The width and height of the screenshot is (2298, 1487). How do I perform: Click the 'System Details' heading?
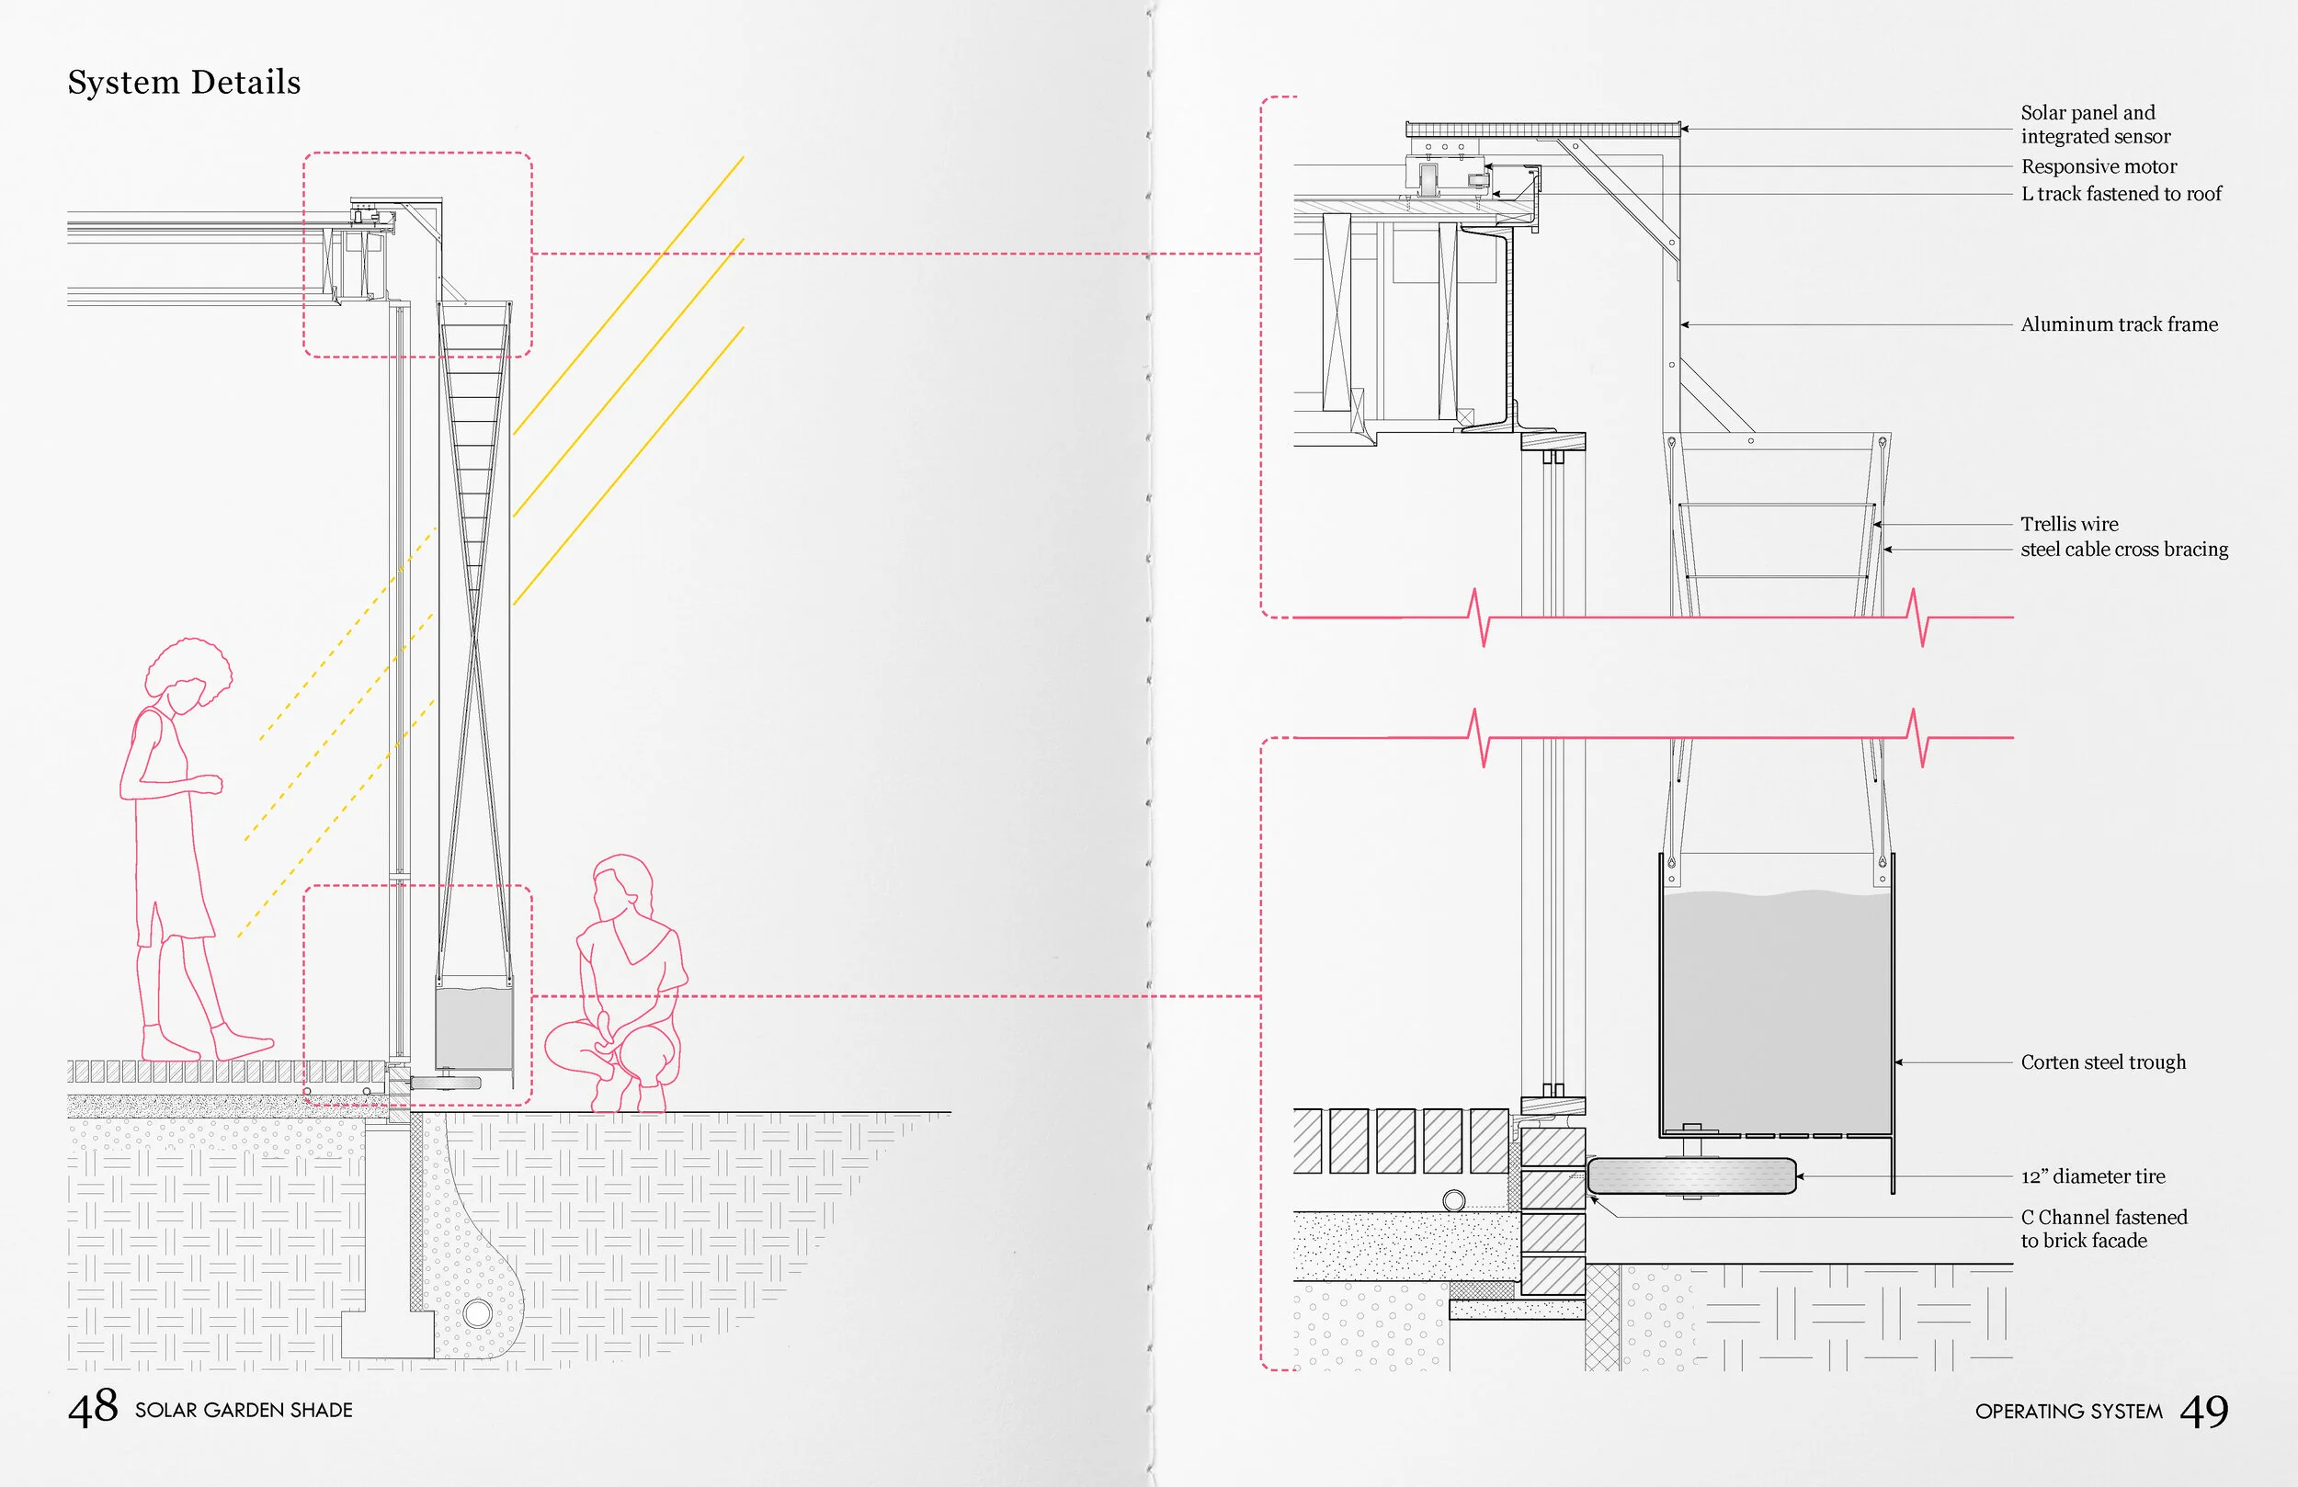pos(184,83)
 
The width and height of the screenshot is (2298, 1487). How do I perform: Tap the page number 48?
pos(93,1408)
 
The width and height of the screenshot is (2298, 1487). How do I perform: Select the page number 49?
pos(2203,1411)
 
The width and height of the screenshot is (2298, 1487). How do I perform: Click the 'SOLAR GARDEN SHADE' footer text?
pos(244,1410)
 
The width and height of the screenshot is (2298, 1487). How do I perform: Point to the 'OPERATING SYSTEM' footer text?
pos(2068,1412)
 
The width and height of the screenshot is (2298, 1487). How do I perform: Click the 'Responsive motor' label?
pos(2099,166)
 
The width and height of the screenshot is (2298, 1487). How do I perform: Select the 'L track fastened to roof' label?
pos(2121,194)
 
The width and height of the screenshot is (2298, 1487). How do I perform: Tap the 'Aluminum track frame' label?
pos(2120,324)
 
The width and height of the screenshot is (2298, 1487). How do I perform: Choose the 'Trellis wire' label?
pos(2069,525)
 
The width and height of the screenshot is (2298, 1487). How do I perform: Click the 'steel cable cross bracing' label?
pos(2124,550)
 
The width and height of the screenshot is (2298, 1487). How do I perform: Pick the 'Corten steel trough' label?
pos(2103,1062)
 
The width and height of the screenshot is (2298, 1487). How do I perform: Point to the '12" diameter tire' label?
pos(2092,1176)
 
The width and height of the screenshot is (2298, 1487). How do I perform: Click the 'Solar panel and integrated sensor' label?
pos(2095,125)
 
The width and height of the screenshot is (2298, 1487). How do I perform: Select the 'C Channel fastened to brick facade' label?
pos(2103,1228)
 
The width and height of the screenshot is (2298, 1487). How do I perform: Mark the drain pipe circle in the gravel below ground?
pos(477,1313)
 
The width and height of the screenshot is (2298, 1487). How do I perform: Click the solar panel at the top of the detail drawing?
pos(1542,129)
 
